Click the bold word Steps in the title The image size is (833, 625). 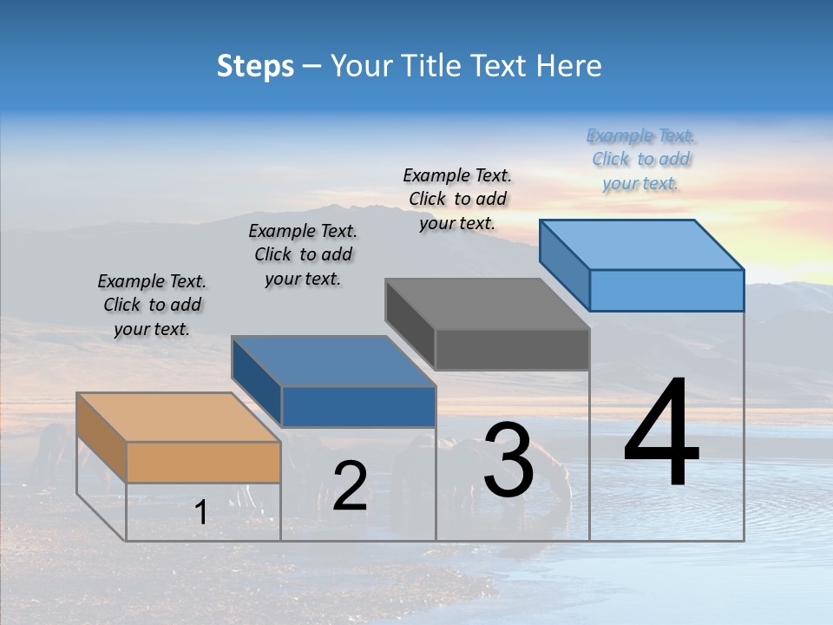click(x=255, y=66)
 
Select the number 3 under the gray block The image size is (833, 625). click(x=508, y=459)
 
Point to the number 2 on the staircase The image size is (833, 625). click(x=350, y=487)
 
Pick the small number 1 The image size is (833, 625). click(x=201, y=513)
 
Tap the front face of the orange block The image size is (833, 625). click(x=203, y=462)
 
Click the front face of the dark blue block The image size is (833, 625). click(x=358, y=406)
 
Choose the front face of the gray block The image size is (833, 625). click(x=512, y=349)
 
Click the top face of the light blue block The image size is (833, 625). click(x=641, y=244)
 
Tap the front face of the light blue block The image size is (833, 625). click(x=666, y=290)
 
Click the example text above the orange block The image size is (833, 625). click(x=152, y=305)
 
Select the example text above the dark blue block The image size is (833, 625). click(x=303, y=254)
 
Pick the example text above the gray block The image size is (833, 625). click(x=457, y=199)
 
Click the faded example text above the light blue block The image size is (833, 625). click(x=641, y=159)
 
